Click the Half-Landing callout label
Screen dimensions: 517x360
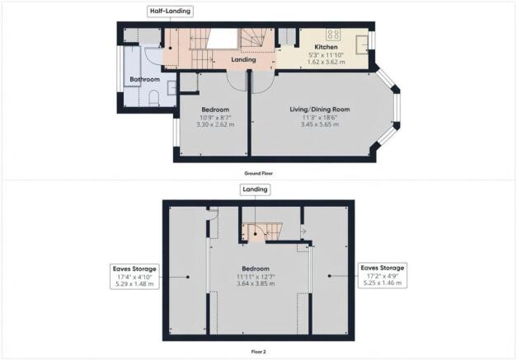tap(170, 12)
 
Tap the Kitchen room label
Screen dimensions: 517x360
tap(326, 47)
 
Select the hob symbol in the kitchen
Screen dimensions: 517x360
tap(333, 35)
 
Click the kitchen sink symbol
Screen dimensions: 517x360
tap(362, 44)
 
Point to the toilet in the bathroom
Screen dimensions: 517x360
tap(154, 99)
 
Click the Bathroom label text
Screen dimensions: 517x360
tap(145, 79)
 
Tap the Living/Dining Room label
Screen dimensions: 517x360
tap(319, 110)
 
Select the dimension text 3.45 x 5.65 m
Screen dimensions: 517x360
tap(319, 124)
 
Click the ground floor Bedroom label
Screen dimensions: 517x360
tap(215, 110)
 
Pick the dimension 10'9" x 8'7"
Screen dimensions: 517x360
tap(215, 118)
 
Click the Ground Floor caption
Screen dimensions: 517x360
tap(259, 173)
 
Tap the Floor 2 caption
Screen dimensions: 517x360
tap(259, 352)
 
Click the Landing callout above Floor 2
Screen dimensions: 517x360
tap(255, 189)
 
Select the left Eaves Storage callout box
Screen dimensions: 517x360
tap(134, 276)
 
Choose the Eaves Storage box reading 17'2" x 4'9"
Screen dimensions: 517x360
tap(383, 275)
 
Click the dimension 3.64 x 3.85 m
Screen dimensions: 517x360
tap(256, 283)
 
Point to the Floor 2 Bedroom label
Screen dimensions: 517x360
tap(256, 269)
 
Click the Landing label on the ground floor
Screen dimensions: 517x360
tap(243, 59)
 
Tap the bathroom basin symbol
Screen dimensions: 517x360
tap(172, 87)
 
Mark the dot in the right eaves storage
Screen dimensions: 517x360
tap(329, 276)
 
